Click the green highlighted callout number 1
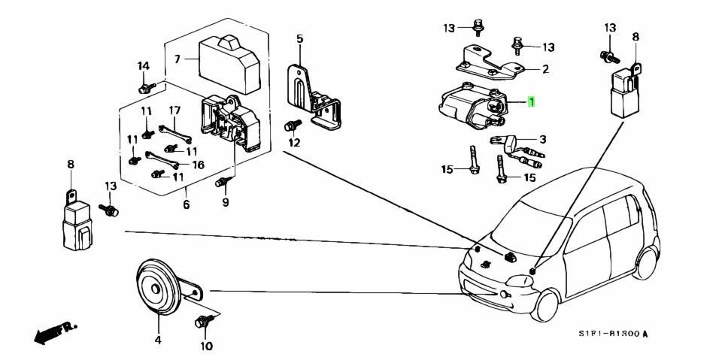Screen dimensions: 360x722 tap(532, 102)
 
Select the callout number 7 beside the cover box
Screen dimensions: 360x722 tap(177, 58)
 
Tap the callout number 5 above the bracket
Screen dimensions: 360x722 tap(299, 38)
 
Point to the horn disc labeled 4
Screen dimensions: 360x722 tap(156, 289)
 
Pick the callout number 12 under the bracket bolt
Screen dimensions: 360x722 tap(294, 143)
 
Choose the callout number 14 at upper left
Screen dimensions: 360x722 tap(142, 67)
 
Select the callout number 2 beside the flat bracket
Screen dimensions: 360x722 tap(545, 69)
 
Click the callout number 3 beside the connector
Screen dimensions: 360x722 tap(541, 139)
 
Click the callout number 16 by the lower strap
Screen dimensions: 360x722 tap(199, 165)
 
